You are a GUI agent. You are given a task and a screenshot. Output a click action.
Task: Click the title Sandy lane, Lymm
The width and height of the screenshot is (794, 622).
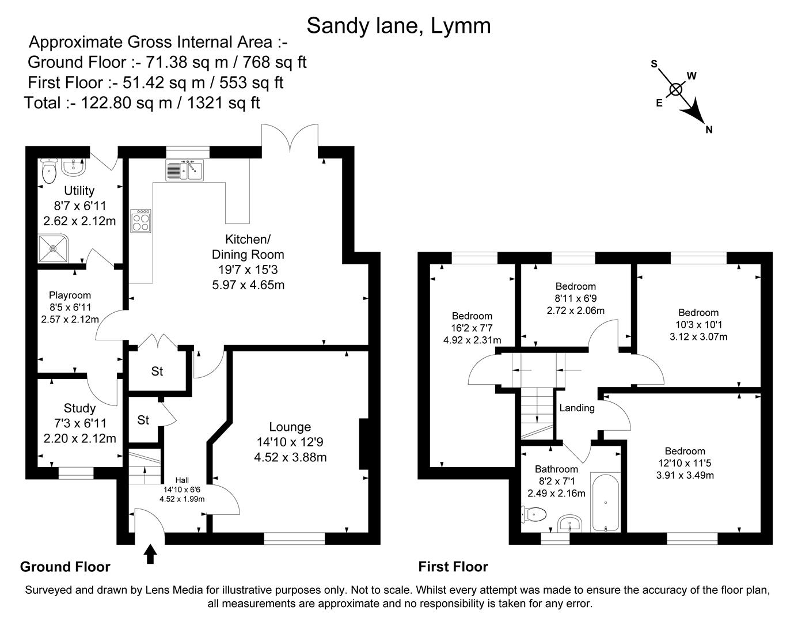pos(398,25)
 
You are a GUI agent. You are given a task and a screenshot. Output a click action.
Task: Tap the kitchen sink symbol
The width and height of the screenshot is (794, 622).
pos(184,170)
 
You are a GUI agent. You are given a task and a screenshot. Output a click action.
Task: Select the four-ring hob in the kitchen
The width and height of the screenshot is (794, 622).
pos(141,221)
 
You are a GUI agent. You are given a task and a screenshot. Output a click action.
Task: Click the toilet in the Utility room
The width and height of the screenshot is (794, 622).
pos(49,171)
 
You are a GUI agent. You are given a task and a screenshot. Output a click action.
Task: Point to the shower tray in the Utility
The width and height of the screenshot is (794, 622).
pos(53,248)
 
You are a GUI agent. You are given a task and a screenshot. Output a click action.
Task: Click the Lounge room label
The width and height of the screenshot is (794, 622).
pos(290,427)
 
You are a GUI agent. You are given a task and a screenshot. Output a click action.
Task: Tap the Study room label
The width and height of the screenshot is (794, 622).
pos(79,408)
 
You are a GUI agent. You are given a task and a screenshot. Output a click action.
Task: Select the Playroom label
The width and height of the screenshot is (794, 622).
pos(70,295)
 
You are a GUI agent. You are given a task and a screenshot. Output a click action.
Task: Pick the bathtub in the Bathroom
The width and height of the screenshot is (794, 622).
pos(606,503)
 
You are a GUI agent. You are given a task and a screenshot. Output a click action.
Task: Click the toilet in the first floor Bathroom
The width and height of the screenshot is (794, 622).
pos(534,513)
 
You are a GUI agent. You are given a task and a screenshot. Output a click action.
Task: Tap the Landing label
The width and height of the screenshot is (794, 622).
pos(576,408)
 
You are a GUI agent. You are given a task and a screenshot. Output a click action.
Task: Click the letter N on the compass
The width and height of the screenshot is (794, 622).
pos(709,130)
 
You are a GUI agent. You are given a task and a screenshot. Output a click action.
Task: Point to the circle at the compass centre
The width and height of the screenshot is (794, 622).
pos(676,89)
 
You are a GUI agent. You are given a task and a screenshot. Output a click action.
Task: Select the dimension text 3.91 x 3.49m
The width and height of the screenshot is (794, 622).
pos(685,475)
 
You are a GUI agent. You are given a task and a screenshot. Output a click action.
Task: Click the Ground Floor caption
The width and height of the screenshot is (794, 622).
pos(65,567)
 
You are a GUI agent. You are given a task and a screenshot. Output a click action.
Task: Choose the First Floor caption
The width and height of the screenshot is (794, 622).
pos(453,567)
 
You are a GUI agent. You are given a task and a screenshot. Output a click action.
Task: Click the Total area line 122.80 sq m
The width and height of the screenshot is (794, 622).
pos(142,103)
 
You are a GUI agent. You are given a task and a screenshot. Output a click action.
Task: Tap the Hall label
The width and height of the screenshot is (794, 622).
pos(182,480)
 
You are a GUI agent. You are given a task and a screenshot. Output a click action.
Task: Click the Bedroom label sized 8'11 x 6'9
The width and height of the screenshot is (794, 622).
pos(575,286)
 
